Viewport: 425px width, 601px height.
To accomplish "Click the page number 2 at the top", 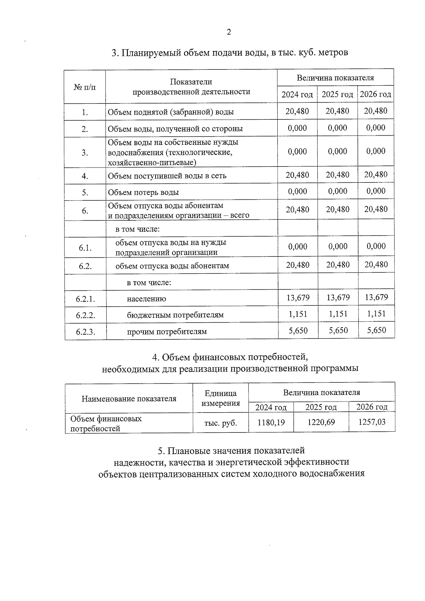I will click(x=228, y=32).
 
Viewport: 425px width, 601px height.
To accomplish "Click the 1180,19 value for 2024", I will click(x=271, y=422).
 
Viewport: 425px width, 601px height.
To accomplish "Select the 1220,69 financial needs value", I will click(x=321, y=422).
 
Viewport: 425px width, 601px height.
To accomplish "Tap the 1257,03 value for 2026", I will click(x=372, y=421).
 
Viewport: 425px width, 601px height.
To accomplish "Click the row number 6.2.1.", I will click(x=85, y=299).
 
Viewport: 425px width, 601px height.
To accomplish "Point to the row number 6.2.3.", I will click(x=85, y=332).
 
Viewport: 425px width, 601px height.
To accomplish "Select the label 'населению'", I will click(x=146, y=299).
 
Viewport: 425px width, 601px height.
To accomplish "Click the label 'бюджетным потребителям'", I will click(x=175, y=315).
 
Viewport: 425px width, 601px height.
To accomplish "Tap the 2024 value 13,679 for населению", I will click(x=298, y=297).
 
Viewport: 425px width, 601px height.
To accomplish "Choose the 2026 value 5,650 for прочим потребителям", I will click(x=376, y=330).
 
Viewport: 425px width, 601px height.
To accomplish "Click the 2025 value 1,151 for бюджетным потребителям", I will click(x=338, y=314).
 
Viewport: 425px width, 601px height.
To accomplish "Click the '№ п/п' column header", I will click(x=85, y=87).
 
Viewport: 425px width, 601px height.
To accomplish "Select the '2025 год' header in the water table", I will click(x=337, y=95).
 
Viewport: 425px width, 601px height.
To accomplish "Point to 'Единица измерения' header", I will click(x=220, y=398).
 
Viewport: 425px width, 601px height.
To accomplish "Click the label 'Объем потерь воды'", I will click(x=143, y=192).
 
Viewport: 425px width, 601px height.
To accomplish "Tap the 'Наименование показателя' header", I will click(x=129, y=399).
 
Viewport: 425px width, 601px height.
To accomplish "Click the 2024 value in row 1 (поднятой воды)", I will click(x=297, y=111).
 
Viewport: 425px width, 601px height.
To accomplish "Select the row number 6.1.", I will click(x=85, y=248).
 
